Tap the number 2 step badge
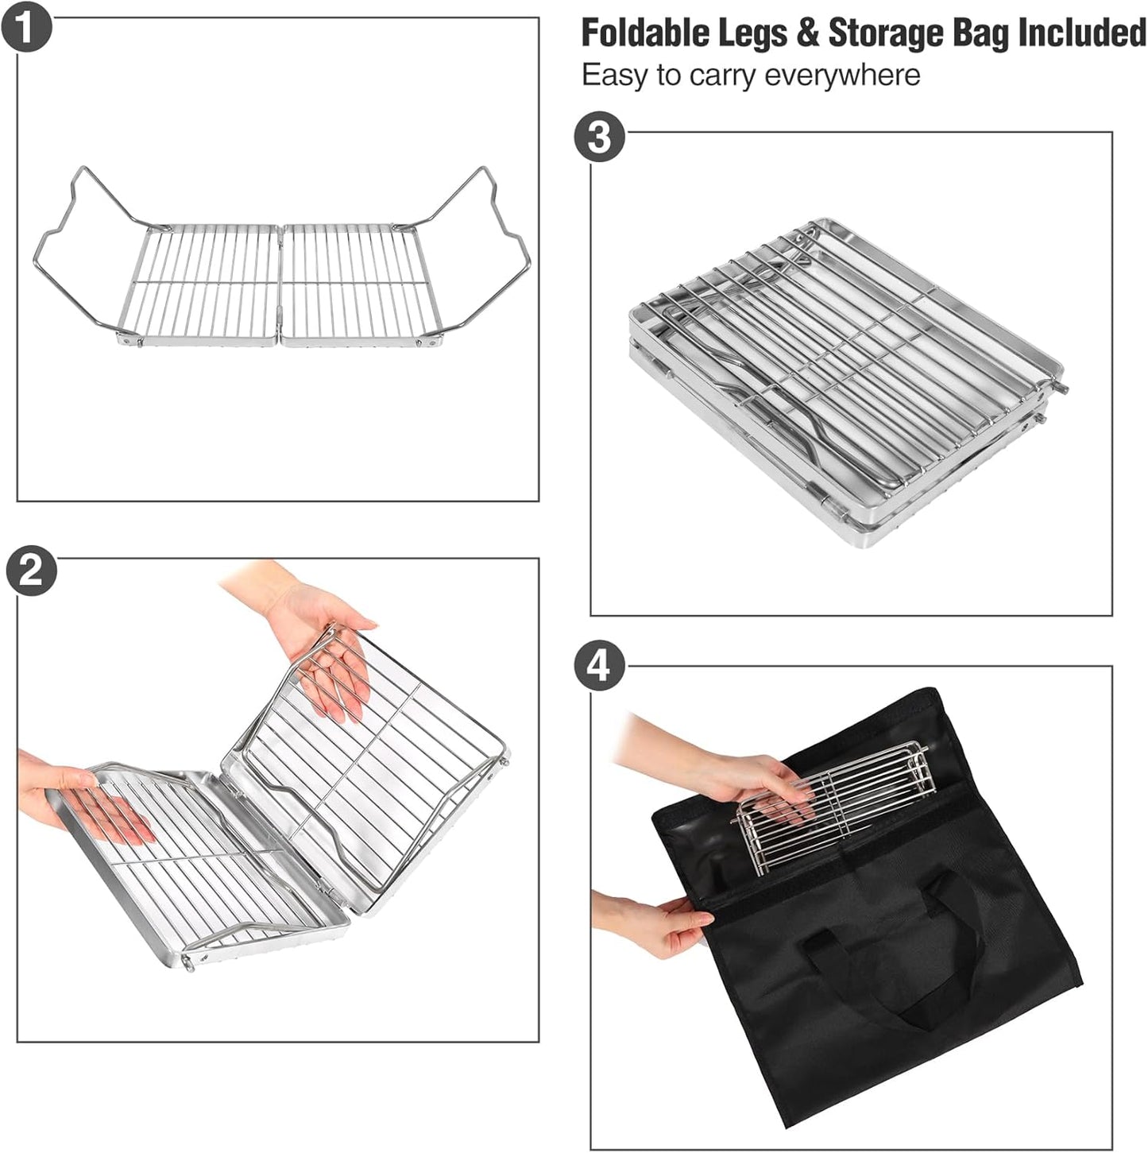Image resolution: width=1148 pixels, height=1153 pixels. coord(31,570)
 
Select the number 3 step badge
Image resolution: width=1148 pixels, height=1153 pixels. coord(599,137)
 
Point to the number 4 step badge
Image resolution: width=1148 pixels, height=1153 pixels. coord(599,664)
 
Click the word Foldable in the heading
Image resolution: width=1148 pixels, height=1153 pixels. coord(644,33)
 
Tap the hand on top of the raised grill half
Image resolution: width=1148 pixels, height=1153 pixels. coord(326,636)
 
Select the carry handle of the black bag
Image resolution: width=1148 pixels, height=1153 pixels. coord(890,969)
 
